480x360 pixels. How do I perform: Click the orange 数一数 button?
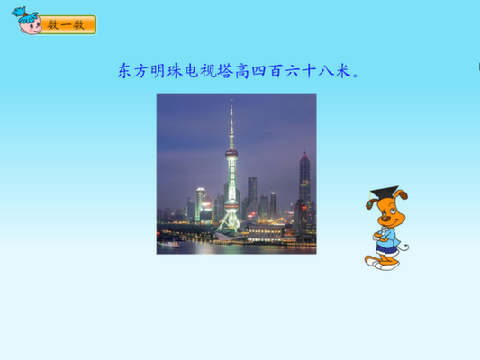(68, 24)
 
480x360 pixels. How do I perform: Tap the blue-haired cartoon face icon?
(27, 21)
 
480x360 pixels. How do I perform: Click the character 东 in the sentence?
(125, 71)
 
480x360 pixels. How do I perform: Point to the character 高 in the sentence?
(242, 71)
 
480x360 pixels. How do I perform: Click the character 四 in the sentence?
(259, 71)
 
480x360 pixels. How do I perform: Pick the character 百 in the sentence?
(276, 71)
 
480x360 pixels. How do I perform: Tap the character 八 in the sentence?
(326, 71)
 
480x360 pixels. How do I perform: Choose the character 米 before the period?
(342, 71)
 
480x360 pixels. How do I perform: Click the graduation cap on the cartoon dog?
(384, 193)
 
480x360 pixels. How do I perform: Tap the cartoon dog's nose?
(385, 219)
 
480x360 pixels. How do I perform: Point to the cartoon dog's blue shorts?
(386, 248)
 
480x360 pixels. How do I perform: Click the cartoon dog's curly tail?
(403, 247)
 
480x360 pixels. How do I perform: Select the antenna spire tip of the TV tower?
(231, 100)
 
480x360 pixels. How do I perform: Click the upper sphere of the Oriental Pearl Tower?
(231, 153)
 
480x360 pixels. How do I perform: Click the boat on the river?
(168, 244)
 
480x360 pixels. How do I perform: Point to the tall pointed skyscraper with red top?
(304, 177)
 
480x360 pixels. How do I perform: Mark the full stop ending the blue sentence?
(356, 76)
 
